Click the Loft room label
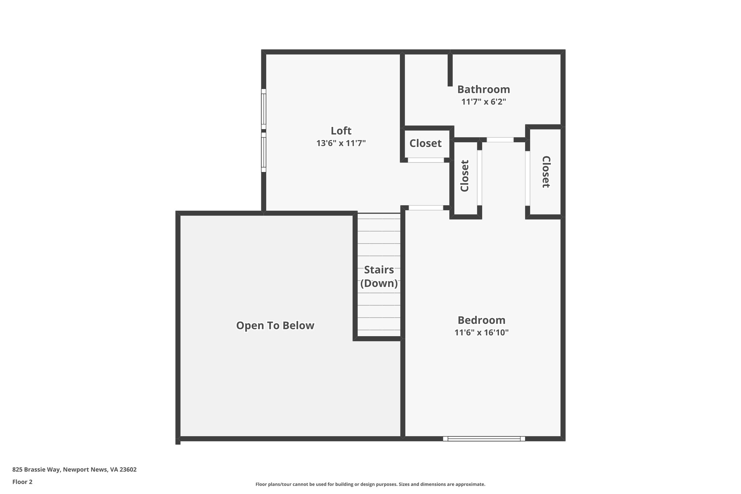click(341, 131)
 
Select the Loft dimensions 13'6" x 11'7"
click(341, 143)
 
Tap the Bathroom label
click(483, 89)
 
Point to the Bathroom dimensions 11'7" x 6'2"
click(483, 102)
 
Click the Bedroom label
click(481, 320)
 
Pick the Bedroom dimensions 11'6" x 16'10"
click(481, 333)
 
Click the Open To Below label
click(275, 326)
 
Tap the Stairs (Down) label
click(379, 276)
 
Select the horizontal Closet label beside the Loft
click(425, 144)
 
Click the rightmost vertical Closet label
click(546, 172)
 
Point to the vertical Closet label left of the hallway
click(465, 176)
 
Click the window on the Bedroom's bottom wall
click(484, 439)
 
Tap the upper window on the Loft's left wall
click(264, 109)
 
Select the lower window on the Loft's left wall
click(264, 152)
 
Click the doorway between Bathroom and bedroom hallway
click(500, 140)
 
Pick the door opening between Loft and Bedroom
click(426, 208)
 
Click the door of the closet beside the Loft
click(426, 160)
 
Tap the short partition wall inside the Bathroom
click(450, 70)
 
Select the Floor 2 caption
click(22, 482)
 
